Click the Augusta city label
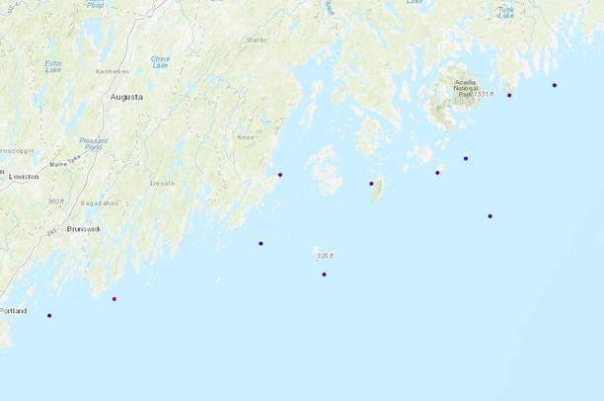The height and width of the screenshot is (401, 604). (x=126, y=97)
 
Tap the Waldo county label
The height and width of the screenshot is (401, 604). (x=257, y=40)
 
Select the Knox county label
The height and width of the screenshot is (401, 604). (x=246, y=137)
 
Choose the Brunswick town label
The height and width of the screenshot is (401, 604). (x=84, y=228)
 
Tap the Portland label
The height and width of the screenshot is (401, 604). (x=14, y=310)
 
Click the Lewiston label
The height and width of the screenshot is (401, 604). (x=24, y=176)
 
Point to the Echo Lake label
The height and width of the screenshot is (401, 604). (x=53, y=66)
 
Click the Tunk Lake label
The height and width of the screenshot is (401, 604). (x=505, y=11)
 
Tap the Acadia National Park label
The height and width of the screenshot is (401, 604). (x=465, y=88)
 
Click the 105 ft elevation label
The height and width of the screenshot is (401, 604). (x=325, y=256)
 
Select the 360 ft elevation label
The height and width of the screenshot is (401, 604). (x=55, y=201)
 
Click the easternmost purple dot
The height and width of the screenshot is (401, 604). (x=555, y=85)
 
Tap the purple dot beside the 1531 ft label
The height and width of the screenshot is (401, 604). (x=509, y=95)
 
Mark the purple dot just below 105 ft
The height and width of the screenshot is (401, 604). (x=324, y=275)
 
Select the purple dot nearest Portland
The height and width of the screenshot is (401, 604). (x=49, y=315)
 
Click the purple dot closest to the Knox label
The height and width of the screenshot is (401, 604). (x=280, y=175)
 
